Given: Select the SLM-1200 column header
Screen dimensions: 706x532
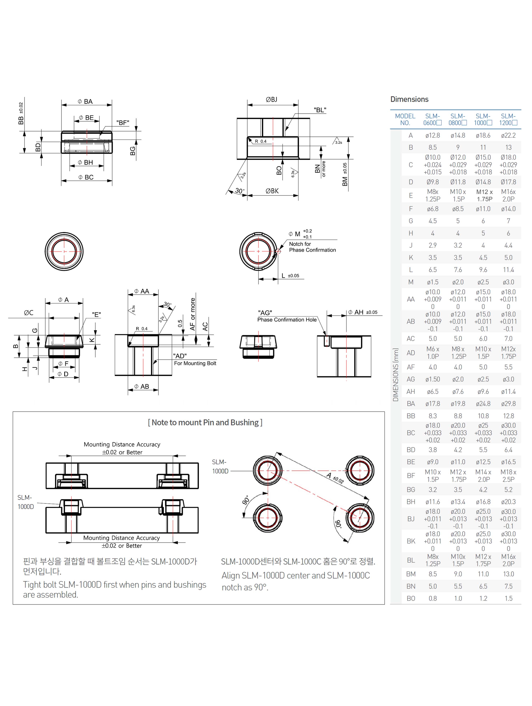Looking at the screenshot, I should coord(508,119).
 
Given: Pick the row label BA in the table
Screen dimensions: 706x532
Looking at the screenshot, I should coord(411,404).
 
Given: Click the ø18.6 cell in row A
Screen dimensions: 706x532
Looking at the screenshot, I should coord(483,135).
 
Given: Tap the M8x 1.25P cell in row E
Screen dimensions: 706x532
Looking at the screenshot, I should coord(433,195).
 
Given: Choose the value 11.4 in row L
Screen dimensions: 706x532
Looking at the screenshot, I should coord(508,270).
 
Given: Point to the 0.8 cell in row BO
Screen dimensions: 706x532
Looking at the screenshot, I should coord(433,599).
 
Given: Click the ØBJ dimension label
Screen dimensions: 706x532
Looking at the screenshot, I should coord(272,99).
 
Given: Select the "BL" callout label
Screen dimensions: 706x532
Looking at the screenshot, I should coord(320,110).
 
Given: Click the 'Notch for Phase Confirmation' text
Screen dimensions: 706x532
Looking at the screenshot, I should coord(312,247).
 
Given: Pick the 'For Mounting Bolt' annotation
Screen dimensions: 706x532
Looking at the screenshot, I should coord(195,363).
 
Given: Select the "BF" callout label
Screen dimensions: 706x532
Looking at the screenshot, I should coord(122,123).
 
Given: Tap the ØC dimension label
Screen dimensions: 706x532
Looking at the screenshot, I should coord(29,313).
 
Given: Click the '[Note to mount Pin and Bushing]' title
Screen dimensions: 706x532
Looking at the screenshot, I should coord(205,423).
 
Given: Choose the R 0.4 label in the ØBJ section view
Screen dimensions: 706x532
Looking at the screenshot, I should coord(261,141).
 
